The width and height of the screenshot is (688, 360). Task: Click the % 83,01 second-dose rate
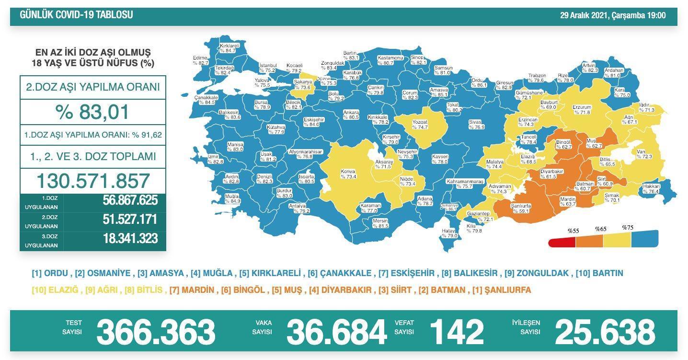pos(92,112)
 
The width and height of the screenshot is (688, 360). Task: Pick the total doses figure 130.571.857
pos(93,181)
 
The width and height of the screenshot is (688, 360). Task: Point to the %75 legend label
pos(628,228)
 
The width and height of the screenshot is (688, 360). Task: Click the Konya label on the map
pos(348,174)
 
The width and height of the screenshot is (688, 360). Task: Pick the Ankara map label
pos(351,114)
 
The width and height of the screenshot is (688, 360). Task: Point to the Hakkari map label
pos(652,189)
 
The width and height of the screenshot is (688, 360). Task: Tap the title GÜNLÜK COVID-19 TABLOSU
pos(77,15)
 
